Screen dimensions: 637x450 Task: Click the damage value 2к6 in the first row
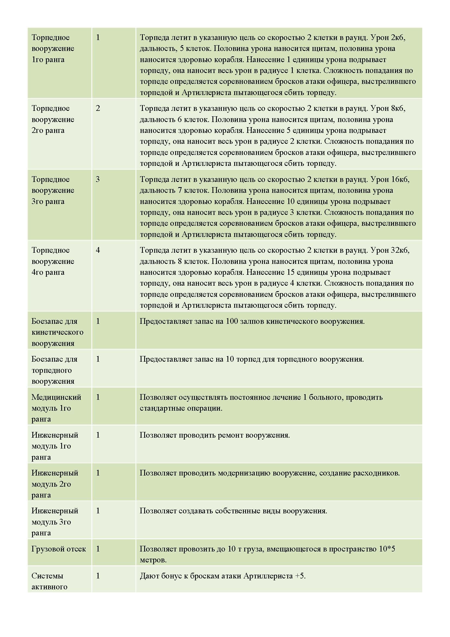coord(398,38)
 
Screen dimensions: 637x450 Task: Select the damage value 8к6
coord(398,108)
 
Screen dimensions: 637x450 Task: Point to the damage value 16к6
coord(400,179)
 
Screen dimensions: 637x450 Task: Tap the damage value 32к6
coord(400,250)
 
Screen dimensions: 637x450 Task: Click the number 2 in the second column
coord(98,108)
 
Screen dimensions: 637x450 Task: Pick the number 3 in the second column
coord(98,179)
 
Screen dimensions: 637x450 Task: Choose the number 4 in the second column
coord(98,250)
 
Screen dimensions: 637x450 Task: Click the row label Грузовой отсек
coord(59,549)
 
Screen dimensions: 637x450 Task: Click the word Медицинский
coord(56,397)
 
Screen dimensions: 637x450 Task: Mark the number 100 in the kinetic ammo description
coord(232,321)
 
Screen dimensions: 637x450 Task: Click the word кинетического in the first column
coord(57,332)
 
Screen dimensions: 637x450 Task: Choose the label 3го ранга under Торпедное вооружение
coord(48,202)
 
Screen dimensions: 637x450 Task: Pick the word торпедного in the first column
coord(51,370)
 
